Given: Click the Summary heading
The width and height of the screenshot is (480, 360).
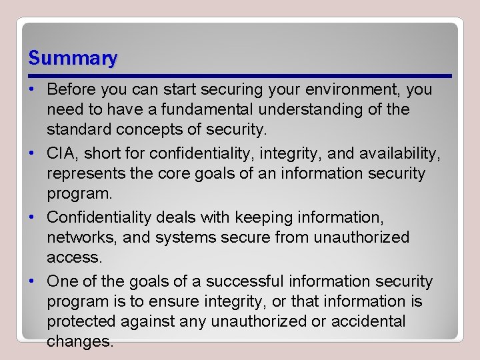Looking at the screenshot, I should click(73, 59).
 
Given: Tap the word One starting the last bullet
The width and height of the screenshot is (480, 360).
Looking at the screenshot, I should click(63, 282).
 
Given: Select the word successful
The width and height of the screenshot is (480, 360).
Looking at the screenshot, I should click(242, 282).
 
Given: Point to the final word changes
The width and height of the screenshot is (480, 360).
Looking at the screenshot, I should click(79, 341).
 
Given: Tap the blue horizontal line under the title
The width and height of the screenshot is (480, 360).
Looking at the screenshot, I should click(240, 75).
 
